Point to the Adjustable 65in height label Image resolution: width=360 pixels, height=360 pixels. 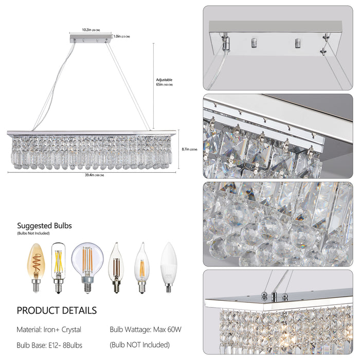point(165,82)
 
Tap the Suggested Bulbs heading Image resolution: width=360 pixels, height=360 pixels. point(45,225)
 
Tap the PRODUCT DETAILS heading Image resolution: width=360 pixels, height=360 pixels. point(57,311)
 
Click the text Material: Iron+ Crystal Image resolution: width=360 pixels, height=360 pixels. point(49,329)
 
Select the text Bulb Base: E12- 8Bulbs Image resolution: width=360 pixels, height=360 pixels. point(50,345)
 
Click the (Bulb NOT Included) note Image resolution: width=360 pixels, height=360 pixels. point(139,345)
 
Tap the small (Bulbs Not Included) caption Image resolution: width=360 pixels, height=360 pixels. point(33,233)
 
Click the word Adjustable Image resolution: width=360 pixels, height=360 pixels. point(164,80)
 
